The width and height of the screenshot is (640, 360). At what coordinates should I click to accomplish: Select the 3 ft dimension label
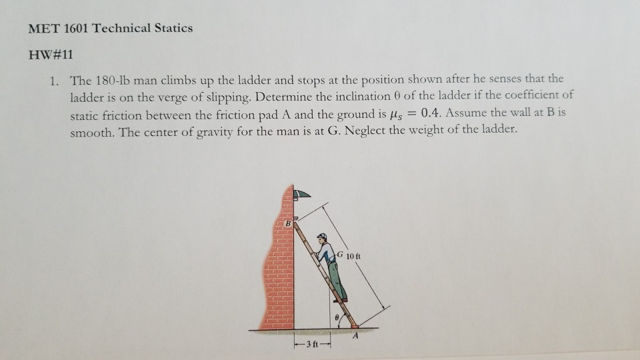pos(310,344)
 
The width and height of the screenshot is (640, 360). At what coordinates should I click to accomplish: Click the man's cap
pos(322,235)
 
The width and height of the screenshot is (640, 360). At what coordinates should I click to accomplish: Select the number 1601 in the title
pos(73,28)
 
